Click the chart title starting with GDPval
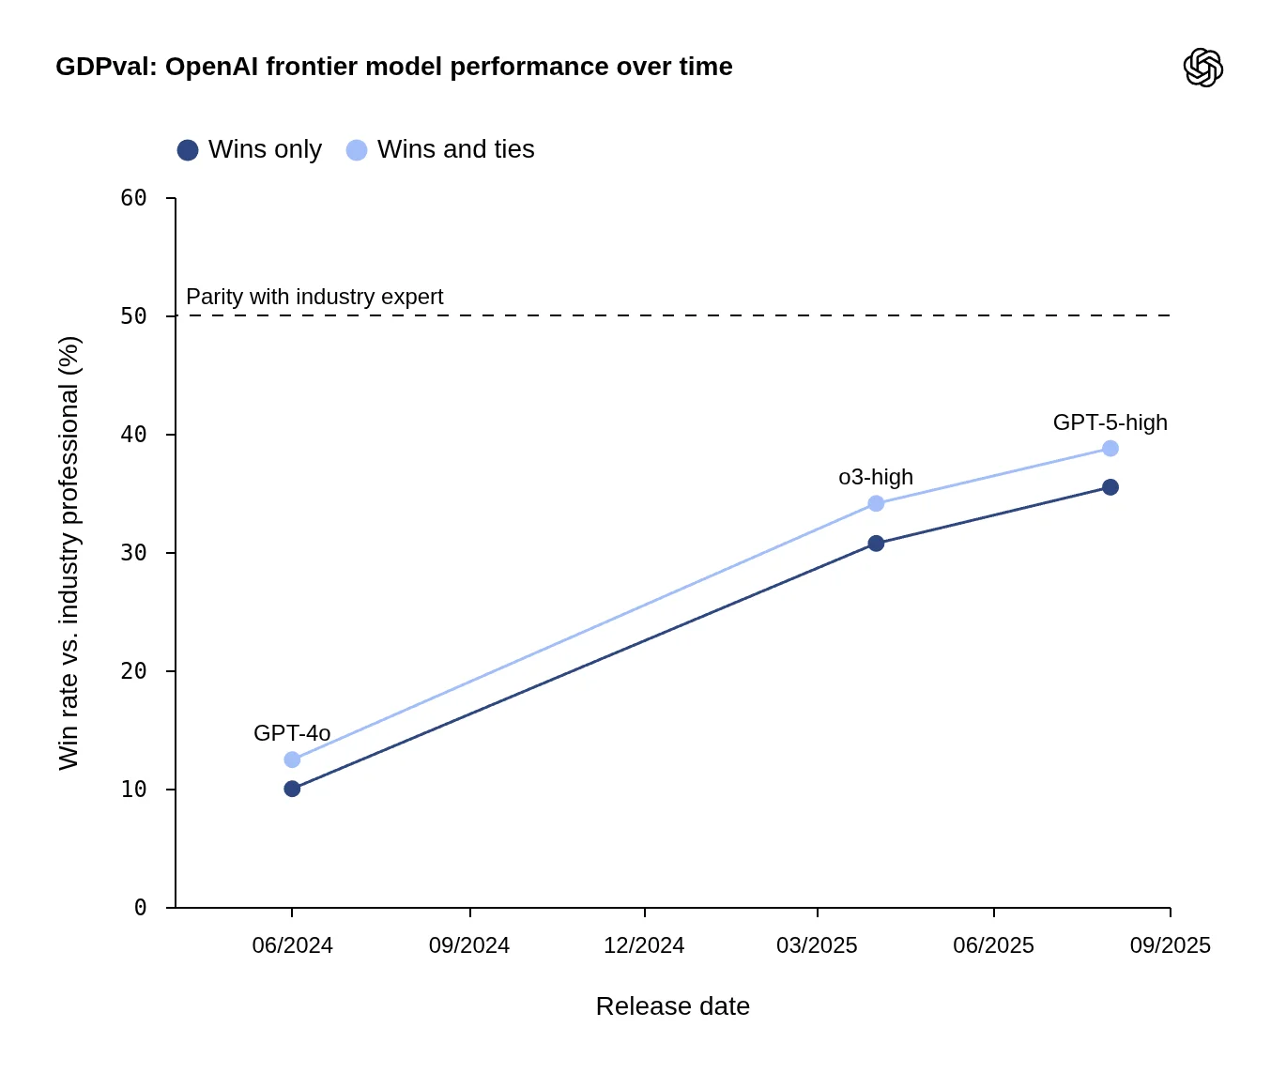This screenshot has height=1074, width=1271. (x=393, y=67)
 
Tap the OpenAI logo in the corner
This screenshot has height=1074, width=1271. (x=1202, y=68)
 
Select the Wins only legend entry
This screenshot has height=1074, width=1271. (x=250, y=149)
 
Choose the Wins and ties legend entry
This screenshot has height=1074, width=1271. (x=441, y=149)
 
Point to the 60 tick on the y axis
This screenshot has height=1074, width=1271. (x=134, y=198)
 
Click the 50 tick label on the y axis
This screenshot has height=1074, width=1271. (x=134, y=316)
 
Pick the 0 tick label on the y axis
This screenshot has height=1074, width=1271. (x=141, y=908)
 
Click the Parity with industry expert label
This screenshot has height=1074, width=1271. (x=314, y=297)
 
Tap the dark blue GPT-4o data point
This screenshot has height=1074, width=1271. (x=292, y=789)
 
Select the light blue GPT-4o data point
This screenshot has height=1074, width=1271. (x=292, y=759)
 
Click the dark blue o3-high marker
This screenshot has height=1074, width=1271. (x=876, y=544)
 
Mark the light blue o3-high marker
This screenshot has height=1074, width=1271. (x=876, y=504)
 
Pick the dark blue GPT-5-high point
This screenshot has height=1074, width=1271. (x=1110, y=487)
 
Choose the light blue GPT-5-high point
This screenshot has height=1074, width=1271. (x=1110, y=449)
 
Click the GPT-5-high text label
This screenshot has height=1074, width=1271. (x=1110, y=422)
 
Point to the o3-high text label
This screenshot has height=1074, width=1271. (x=876, y=477)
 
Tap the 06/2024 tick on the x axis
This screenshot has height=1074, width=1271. (x=292, y=945)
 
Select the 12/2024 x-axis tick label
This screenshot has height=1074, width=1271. (x=644, y=945)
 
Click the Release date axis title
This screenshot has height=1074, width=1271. (x=672, y=1006)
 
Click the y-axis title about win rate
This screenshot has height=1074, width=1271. (x=69, y=553)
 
